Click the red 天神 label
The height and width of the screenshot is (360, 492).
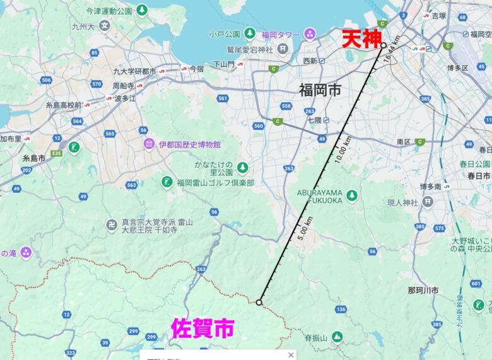point(361,39)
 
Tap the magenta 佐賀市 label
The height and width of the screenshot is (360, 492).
point(203,328)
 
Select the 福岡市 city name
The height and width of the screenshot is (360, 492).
point(320,90)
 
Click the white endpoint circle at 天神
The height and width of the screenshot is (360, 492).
point(383,45)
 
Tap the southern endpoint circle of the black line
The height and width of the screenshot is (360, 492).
point(259,303)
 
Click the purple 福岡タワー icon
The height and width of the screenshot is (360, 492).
point(310,33)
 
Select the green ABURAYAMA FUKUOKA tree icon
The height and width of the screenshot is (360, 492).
point(352,195)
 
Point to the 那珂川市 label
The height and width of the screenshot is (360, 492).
point(423,290)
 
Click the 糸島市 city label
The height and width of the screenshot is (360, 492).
point(33,158)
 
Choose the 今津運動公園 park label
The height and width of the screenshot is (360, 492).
point(108,11)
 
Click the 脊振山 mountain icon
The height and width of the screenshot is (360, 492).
point(337,337)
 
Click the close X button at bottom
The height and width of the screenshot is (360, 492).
point(291,355)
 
